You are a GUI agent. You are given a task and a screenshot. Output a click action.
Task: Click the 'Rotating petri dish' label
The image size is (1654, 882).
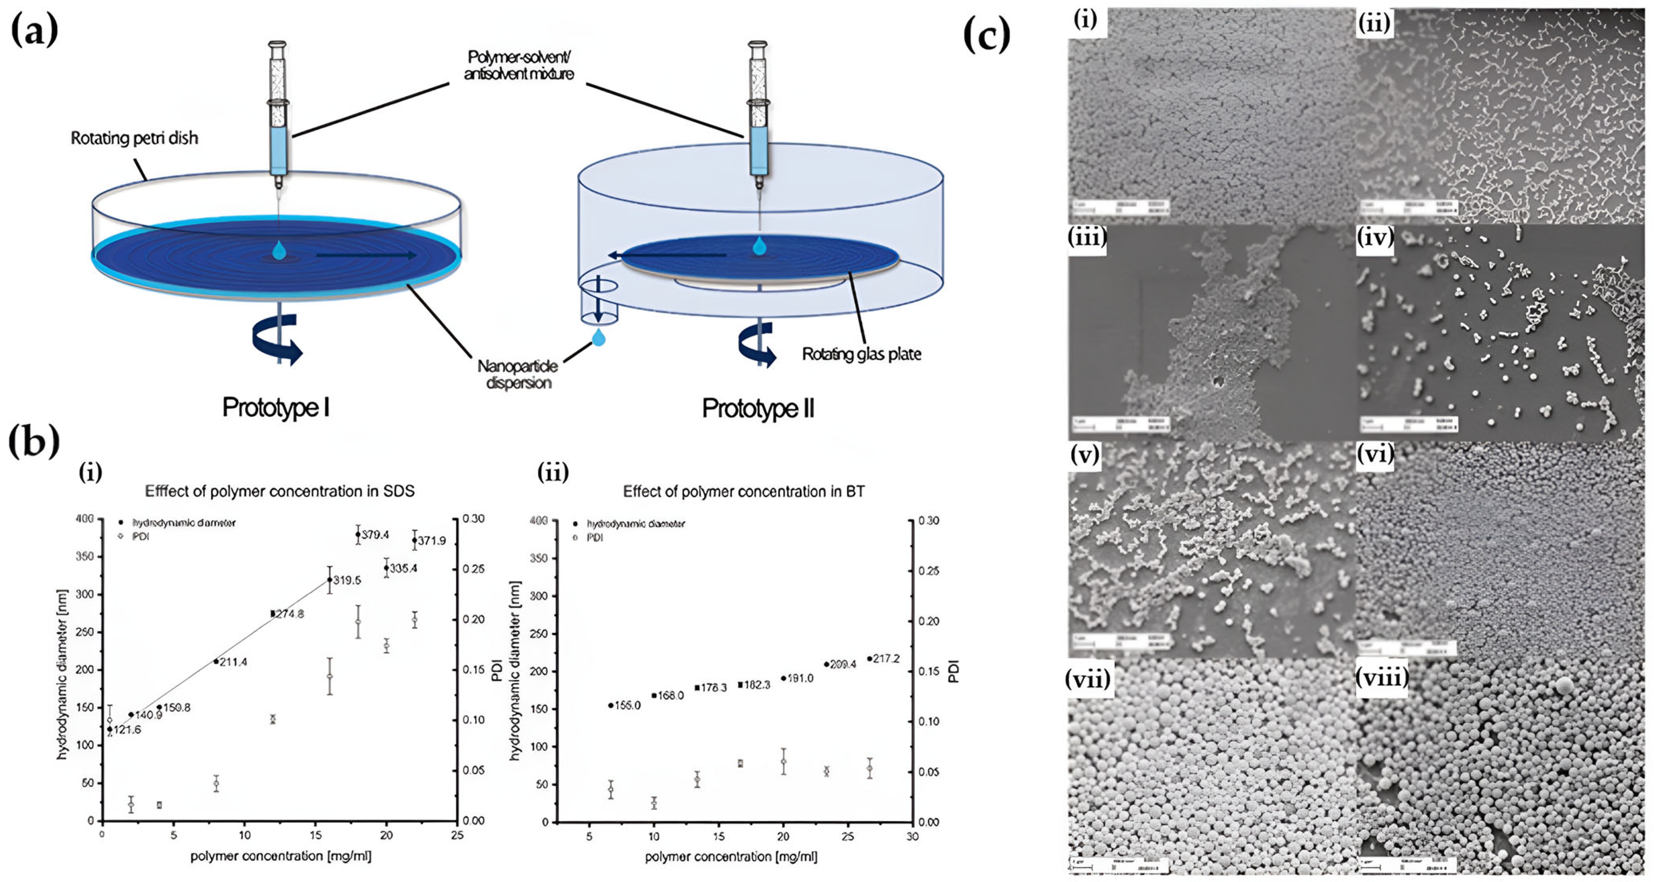134,138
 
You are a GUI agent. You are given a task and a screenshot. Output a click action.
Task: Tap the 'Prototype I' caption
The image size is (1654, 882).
276,408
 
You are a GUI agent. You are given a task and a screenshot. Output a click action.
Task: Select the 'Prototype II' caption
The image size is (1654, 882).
757,408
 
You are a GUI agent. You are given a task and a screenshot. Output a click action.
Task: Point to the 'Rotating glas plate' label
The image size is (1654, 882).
861,354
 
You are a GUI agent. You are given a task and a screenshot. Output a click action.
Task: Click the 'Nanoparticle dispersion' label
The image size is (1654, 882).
518,374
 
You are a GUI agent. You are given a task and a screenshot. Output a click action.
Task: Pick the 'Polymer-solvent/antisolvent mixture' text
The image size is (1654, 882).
519,66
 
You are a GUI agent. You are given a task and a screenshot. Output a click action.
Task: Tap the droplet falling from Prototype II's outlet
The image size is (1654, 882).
599,338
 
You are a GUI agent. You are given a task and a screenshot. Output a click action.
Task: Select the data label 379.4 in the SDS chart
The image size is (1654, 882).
375,535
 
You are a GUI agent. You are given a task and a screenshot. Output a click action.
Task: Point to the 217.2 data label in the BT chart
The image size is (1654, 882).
887,659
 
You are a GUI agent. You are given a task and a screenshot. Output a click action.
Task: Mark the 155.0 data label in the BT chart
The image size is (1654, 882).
627,705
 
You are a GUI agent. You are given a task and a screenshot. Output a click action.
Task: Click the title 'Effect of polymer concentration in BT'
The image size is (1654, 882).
743,492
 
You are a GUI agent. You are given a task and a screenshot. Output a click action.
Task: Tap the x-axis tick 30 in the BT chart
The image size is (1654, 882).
912,836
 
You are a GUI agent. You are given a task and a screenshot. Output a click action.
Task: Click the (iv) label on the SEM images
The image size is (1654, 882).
1375,238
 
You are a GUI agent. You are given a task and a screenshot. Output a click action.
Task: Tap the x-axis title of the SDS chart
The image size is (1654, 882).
281,856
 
